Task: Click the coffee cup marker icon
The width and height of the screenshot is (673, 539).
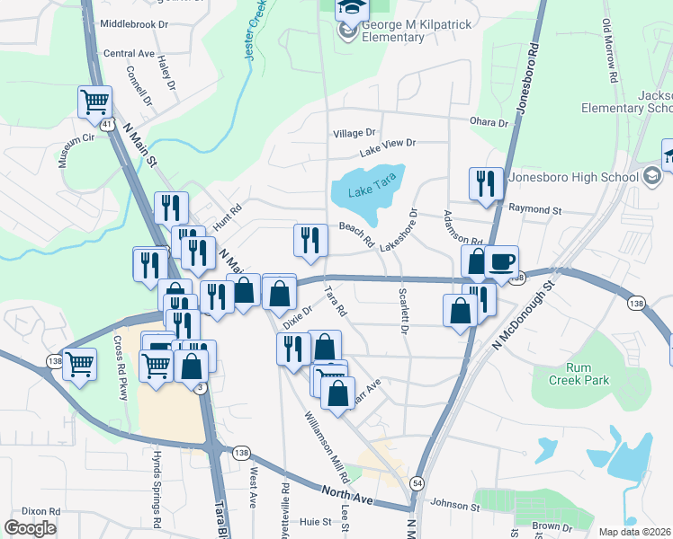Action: pyautogui.click(x=501, y=262)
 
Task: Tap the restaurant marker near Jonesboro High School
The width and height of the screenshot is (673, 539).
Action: pyautogui.click(x=486, y=183)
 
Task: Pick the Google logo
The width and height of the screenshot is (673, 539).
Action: pyautogui.click(x=30, y=528)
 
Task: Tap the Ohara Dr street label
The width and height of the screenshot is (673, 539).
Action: pyautogui.click(x=489, y=122)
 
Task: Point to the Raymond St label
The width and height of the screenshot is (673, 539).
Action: pyautogui.click(x=534, y=209)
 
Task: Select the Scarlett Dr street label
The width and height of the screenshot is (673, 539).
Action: pyautogui.click(x=403, y=310)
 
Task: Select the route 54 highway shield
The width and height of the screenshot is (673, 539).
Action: pyautogui.click(x=417, y=483)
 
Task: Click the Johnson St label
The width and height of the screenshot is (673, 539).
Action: pyautogui.click(x=455, y=505)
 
